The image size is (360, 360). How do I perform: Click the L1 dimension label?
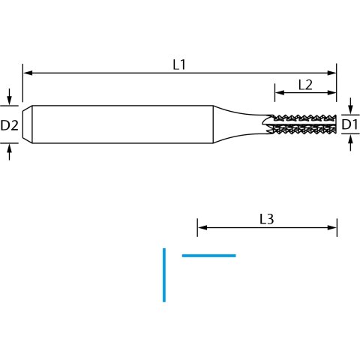179,64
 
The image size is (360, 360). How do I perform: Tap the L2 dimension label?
305,85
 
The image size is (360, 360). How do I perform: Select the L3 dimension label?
267,219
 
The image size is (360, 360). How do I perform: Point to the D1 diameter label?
349,124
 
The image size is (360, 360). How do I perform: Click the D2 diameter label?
10,125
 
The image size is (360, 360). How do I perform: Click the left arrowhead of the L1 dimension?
28,73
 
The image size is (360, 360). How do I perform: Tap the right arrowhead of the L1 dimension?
331,73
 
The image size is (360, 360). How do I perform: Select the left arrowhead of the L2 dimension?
280,92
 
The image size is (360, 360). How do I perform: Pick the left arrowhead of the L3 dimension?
202,227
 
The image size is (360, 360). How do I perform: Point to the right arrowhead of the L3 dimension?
332,227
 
